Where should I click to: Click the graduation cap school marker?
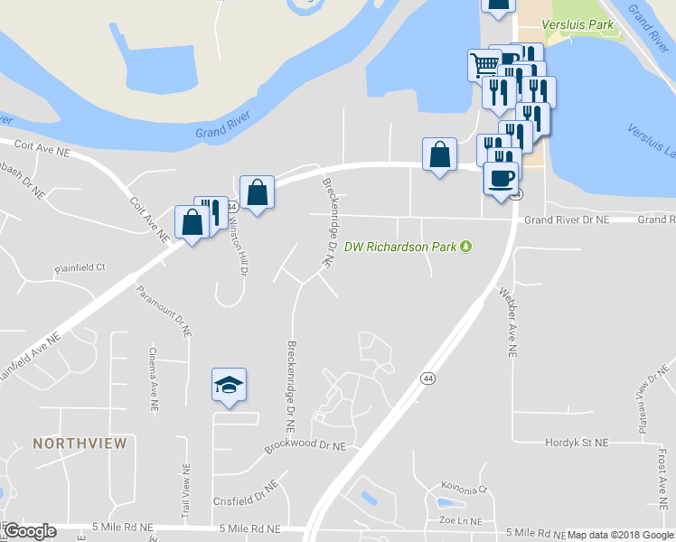point(229,386)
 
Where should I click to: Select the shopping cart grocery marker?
point(484,65)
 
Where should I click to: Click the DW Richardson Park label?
point(401,246)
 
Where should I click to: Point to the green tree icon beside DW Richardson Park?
point(467,246)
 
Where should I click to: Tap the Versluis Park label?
point(577,24)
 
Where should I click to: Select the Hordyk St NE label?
point(577,443)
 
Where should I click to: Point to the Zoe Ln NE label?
point(459,520)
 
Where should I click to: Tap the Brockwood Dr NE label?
point(305,446)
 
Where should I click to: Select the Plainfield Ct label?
point(80,267)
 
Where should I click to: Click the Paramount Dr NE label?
point(164,311)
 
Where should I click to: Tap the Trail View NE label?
point(185,494)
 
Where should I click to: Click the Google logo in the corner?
point(29,531)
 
